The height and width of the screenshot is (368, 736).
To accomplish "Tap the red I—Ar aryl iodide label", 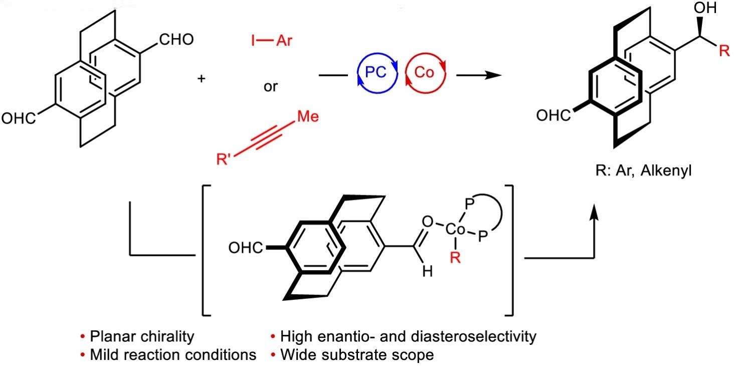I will [271, 39].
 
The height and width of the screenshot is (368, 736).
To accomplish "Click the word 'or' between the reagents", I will [271, 86].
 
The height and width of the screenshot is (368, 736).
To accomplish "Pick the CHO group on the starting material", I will [175, 40].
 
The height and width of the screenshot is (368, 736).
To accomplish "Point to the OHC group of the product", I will [553, 116].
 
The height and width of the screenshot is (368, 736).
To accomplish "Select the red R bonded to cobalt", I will [455, 261].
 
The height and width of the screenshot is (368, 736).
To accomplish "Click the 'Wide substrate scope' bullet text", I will [356, 355].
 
